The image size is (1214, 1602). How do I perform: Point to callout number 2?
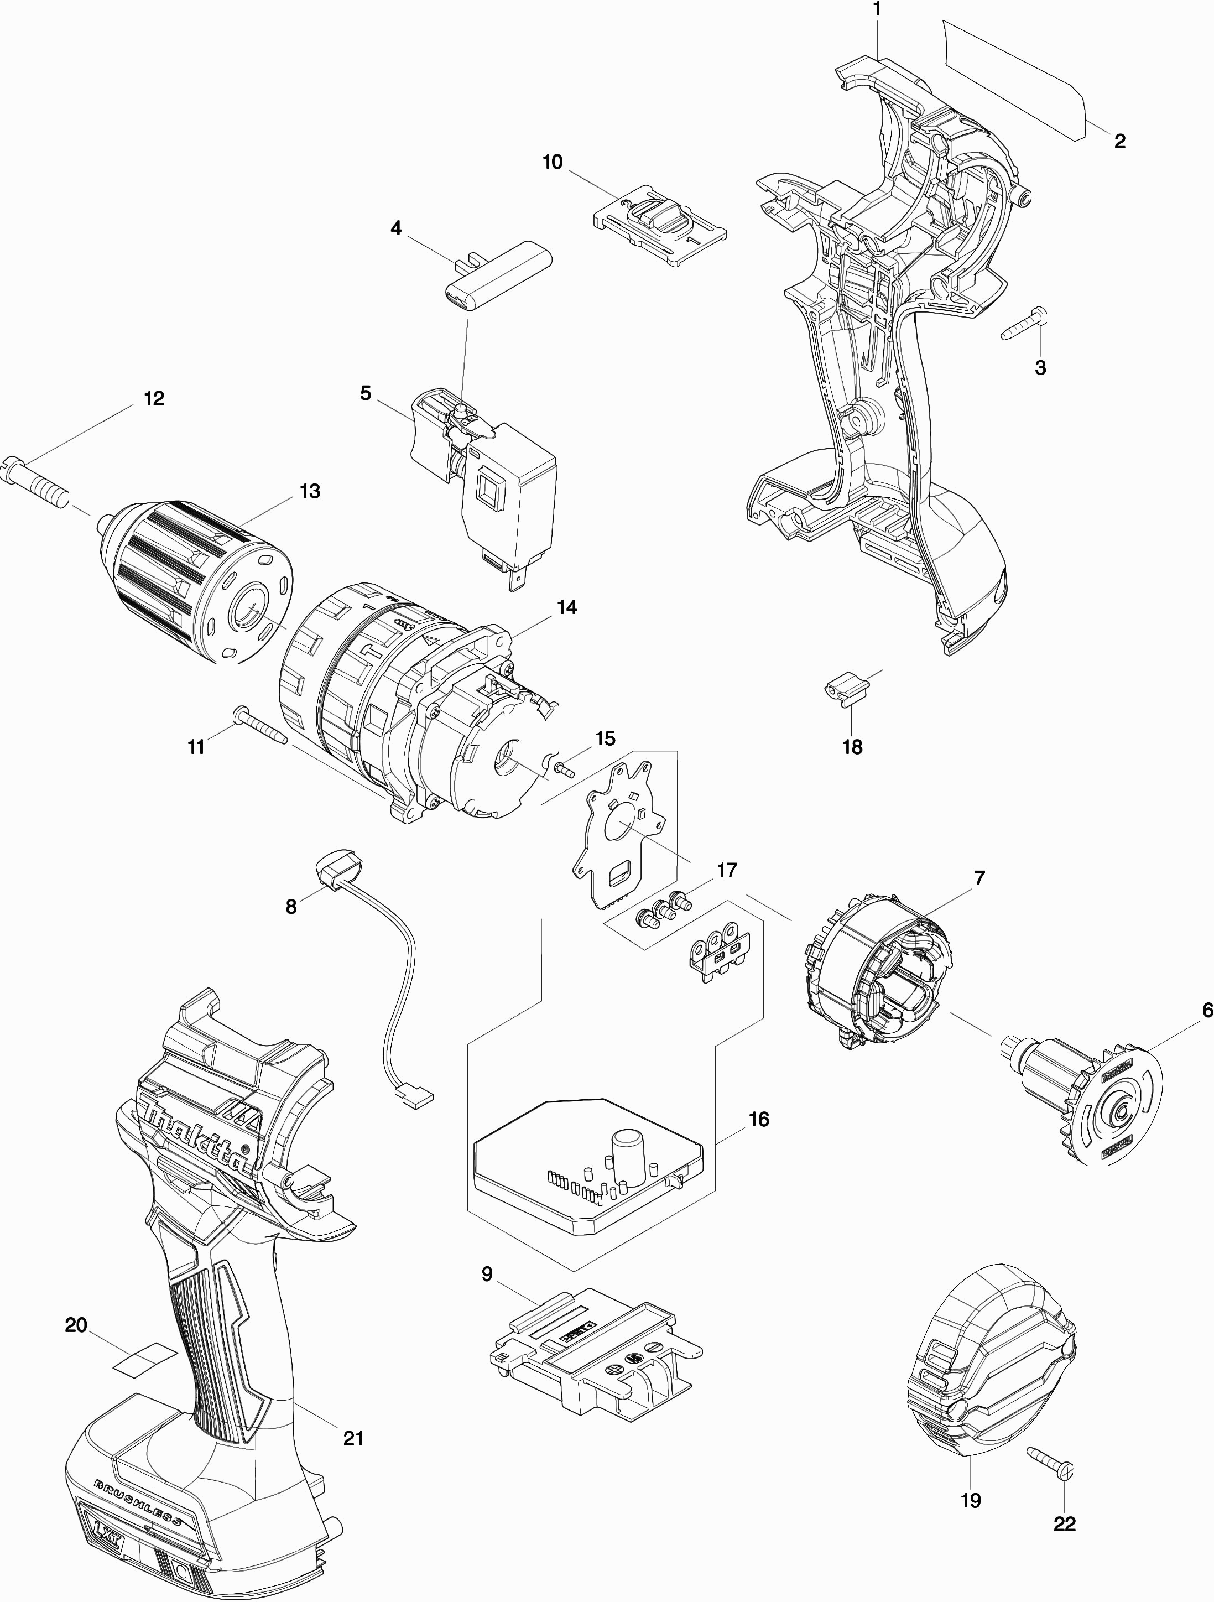(x=1119, y=141)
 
